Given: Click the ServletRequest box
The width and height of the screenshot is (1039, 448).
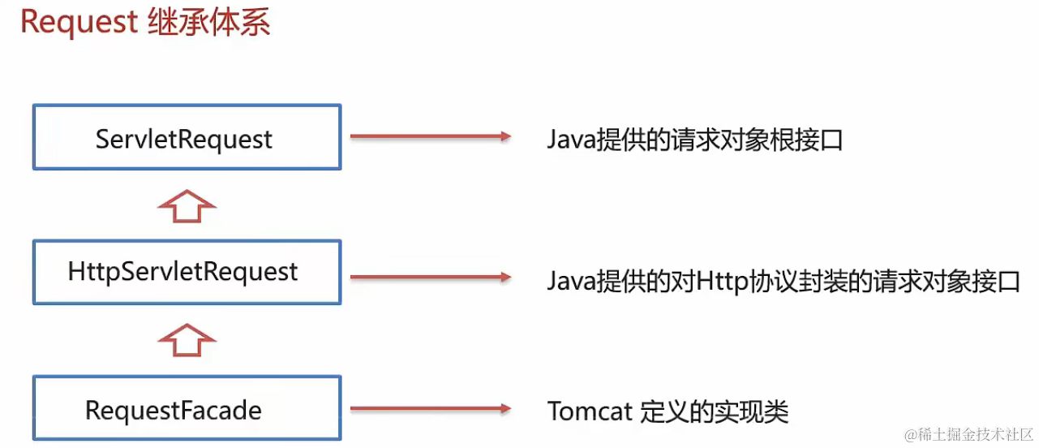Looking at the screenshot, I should [187, 137].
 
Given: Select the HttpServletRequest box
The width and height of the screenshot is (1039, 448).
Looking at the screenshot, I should [187, 272].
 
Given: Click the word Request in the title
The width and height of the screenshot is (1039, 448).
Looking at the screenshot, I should [79, 23].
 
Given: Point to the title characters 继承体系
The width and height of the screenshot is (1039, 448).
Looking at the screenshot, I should [208, 23].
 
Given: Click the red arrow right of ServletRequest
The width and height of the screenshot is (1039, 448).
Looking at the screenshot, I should [430, 136].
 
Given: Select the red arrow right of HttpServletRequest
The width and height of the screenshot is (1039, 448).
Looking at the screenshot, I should [430, 278].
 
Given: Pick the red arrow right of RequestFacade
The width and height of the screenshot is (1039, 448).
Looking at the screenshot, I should [430, 409].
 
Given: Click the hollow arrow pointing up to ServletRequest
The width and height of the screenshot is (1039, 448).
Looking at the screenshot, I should [187, 206].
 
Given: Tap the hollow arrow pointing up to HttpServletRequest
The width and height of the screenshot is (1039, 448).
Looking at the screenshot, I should [187, 340].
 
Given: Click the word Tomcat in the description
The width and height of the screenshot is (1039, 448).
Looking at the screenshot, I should [590, 411].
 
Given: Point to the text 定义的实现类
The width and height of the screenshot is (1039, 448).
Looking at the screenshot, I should [714, 411].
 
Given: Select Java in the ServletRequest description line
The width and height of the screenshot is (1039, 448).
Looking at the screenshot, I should [570, 140].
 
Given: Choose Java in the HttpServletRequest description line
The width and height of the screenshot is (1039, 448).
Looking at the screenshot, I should [570, 281].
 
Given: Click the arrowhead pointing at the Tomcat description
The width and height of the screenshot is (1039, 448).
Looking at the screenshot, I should [504, 409].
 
